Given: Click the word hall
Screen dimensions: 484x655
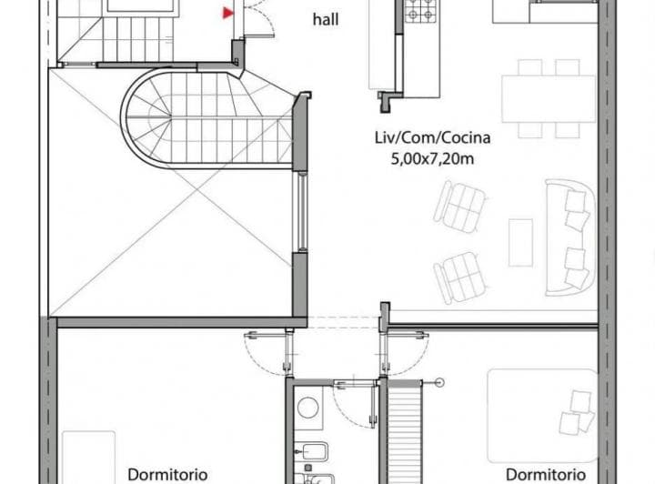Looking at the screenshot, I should click(x=327, y=19).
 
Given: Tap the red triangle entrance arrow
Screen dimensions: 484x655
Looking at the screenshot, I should click(x=227, y=12).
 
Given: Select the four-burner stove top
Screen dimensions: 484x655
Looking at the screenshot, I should click(x=420, y=12).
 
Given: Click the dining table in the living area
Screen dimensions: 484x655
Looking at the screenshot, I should click(x=548, y=99).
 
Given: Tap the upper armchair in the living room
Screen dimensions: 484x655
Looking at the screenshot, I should click(x=459, y=206).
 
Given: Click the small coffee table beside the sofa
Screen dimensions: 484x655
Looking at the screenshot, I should click(x=520, y=242).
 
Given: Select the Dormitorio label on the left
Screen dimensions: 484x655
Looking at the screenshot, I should click(x=167, y=474).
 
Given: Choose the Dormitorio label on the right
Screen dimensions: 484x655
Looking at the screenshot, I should click(x=545, y=474).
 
